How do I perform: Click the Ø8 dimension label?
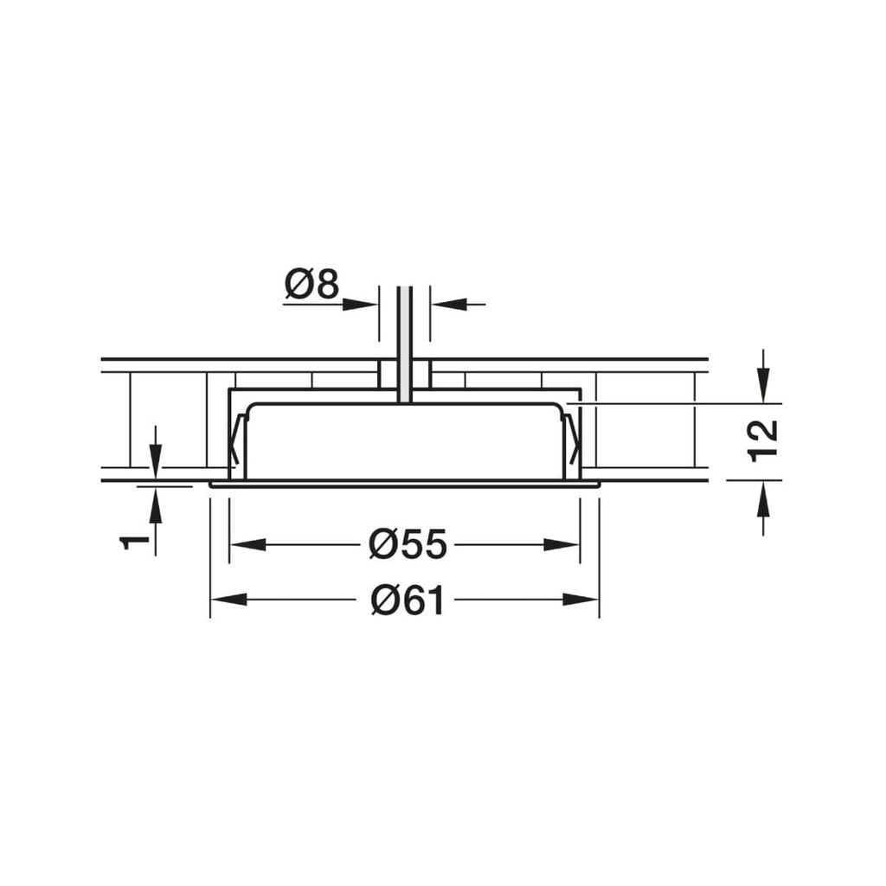click(312, 284)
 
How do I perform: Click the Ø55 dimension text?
click(407, 544)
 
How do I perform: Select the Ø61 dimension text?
click(407, 600)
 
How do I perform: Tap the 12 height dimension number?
click(764, 440)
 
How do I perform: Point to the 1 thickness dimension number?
click(134, 542)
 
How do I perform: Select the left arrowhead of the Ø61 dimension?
click(228, 599)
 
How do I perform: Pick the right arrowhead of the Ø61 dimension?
click(581, 599)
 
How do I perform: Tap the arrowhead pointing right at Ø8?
click(360, 304)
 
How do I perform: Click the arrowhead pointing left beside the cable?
click(449, 304)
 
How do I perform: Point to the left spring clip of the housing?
click(236, 441)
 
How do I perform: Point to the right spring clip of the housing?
click(572, 441)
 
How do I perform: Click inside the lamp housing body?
click(404, 441)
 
